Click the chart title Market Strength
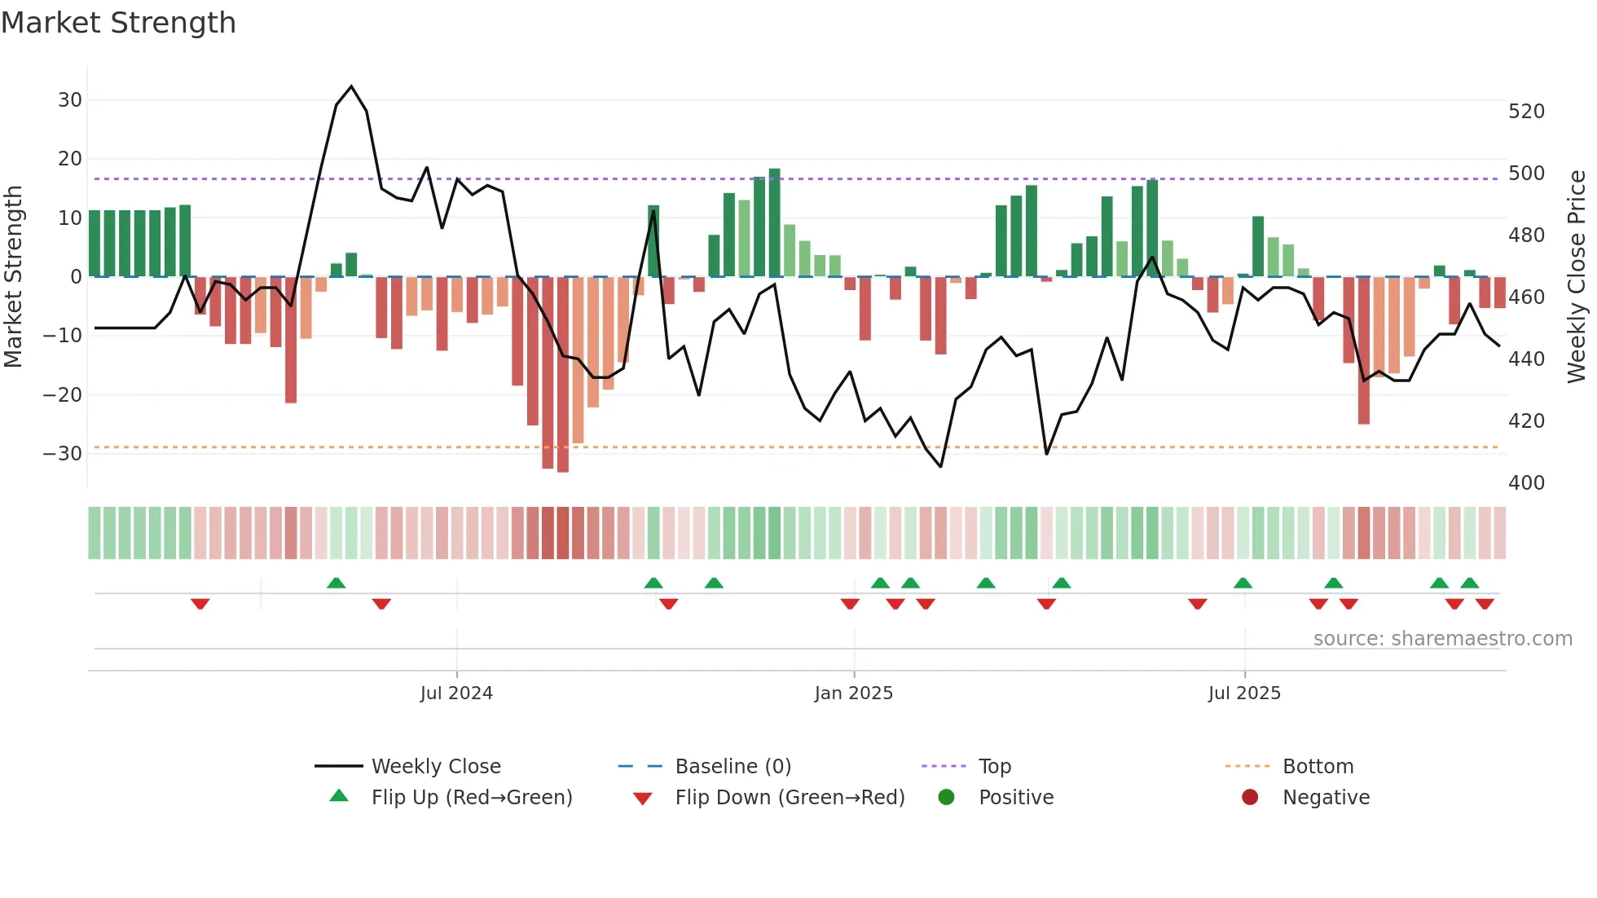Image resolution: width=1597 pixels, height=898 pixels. (118, 23)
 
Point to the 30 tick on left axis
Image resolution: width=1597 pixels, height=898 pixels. (69, 100)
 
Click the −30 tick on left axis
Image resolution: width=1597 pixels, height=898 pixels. (63, 454)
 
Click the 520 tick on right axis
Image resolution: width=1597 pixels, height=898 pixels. (1526, 112)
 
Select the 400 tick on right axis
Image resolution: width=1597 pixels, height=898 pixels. (1526, 483)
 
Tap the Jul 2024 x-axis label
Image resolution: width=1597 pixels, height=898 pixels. (456, 693)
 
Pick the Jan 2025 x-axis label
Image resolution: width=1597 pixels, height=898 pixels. (853, 693)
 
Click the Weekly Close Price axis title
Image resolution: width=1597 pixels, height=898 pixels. (1577, 277)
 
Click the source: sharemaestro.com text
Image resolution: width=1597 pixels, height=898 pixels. (1442, 639)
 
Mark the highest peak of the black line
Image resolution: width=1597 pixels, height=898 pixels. (351, 86)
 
